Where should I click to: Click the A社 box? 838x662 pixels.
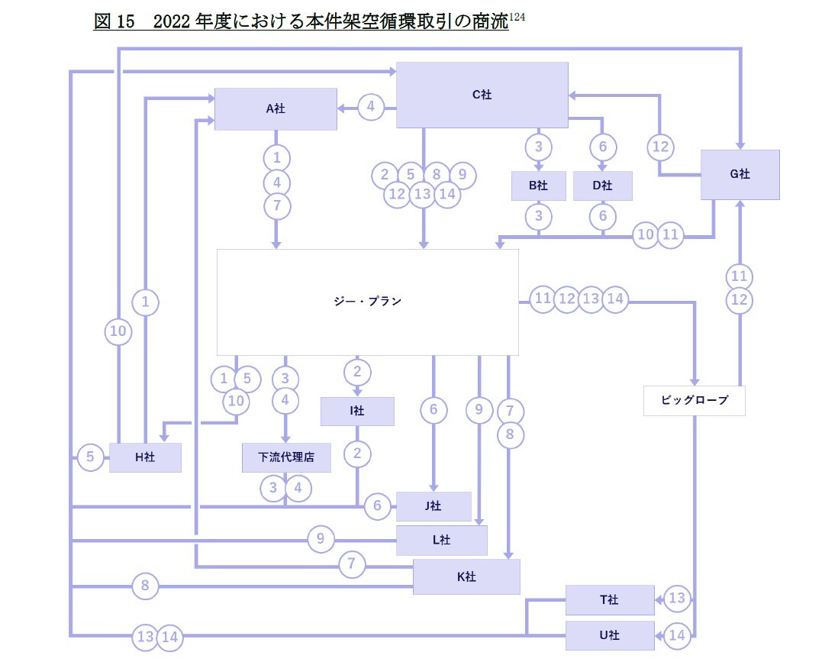[276, 108]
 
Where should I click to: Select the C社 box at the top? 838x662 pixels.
[482, 95]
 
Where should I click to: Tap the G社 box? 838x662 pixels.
[740, 174]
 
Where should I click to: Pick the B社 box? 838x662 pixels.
[538, 186]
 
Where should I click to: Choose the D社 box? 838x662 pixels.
[602, 186]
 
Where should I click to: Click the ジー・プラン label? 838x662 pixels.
[368, 302]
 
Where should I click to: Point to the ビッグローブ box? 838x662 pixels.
[694, 400]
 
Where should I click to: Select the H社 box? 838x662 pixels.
[145, 457]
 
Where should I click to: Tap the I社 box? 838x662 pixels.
[357, 411]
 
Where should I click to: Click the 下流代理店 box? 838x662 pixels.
[286, 457]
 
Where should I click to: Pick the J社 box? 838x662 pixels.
[434, 505]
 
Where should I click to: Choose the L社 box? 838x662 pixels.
[441, 540]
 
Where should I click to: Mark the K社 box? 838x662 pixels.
[466, 576]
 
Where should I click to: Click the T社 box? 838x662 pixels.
[609, 600]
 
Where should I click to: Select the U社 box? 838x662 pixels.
[609, 635]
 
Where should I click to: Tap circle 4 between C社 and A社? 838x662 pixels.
[371, 108]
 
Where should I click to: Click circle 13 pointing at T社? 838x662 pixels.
[677, 599]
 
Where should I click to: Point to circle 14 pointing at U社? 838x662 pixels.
[677, 635]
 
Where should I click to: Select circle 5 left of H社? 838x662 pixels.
[90, 457]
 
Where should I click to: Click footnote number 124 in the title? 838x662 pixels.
[517, 17]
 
